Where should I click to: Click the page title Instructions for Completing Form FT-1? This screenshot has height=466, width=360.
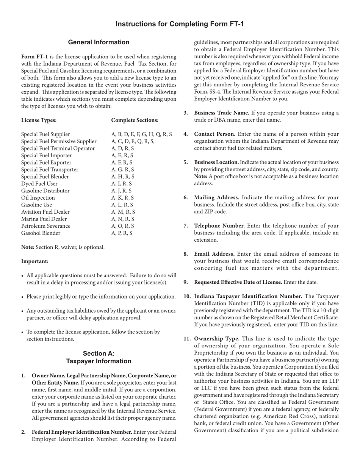[x=180, y=24]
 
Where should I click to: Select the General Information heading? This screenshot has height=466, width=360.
[x=99, y=42]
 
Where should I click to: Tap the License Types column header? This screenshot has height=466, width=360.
[x=39, y=120]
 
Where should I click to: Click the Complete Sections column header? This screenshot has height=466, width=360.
[x=135, y=120]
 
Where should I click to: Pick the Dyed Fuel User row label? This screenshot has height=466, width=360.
[x=39, y=184]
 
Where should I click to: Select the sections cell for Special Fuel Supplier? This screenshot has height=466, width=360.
[x=141, y=134]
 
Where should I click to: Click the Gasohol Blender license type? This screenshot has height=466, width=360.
[x=41, y=233]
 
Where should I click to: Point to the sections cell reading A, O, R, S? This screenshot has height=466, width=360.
[x=122, y=226]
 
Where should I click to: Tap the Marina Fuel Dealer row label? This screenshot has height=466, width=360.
[x=44, y=219]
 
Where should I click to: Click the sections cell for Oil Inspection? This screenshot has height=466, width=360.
[x=122, y=198]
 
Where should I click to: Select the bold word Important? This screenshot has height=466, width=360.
[x=35, y=261]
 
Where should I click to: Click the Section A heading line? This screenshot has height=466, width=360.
[x=99, y=353]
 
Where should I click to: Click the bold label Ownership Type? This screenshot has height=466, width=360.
[x=216, y=339]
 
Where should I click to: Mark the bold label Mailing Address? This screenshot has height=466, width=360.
[x=216, y=197]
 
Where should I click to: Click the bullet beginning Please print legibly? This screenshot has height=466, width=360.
[x=101, y=297]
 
